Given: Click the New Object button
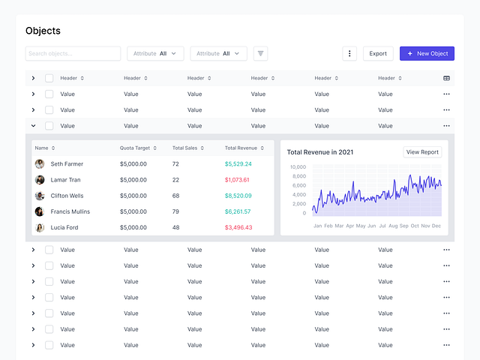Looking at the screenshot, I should coord(427,53).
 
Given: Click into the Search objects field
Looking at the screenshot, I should coord(73,53).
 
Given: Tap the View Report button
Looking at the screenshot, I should coord(422,152).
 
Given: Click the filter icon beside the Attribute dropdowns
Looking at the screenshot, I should coord(260,53).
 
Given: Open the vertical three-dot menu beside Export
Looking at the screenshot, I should coord(349,53).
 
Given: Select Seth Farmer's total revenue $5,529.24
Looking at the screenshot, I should coord(238,163).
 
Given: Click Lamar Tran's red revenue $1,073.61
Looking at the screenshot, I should coord(237,180).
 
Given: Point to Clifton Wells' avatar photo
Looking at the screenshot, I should coord(40,196).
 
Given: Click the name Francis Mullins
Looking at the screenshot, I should coord(70,211).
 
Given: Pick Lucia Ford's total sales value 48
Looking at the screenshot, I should coord(175,227).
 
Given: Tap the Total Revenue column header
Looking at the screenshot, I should coord(241,148).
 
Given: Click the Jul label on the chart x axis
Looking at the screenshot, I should coord(382,226).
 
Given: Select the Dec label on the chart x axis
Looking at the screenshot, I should coord(436,226).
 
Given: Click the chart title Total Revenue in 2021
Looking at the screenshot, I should coord(319,152).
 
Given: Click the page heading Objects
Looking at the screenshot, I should coord(43,31).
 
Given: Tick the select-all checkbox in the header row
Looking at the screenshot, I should coord(49,78).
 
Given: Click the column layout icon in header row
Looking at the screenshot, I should coord(446,78).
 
